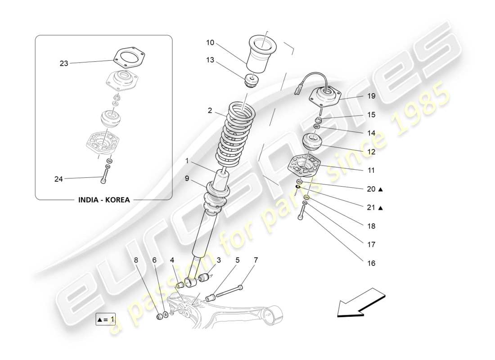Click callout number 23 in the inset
64,63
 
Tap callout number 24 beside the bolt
59,179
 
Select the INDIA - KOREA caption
104,200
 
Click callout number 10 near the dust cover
210,43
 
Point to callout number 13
210,60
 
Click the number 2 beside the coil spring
209,111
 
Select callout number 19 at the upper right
371,96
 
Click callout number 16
371,263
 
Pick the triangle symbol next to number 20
380,189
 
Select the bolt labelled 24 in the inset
105,175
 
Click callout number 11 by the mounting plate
371,171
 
